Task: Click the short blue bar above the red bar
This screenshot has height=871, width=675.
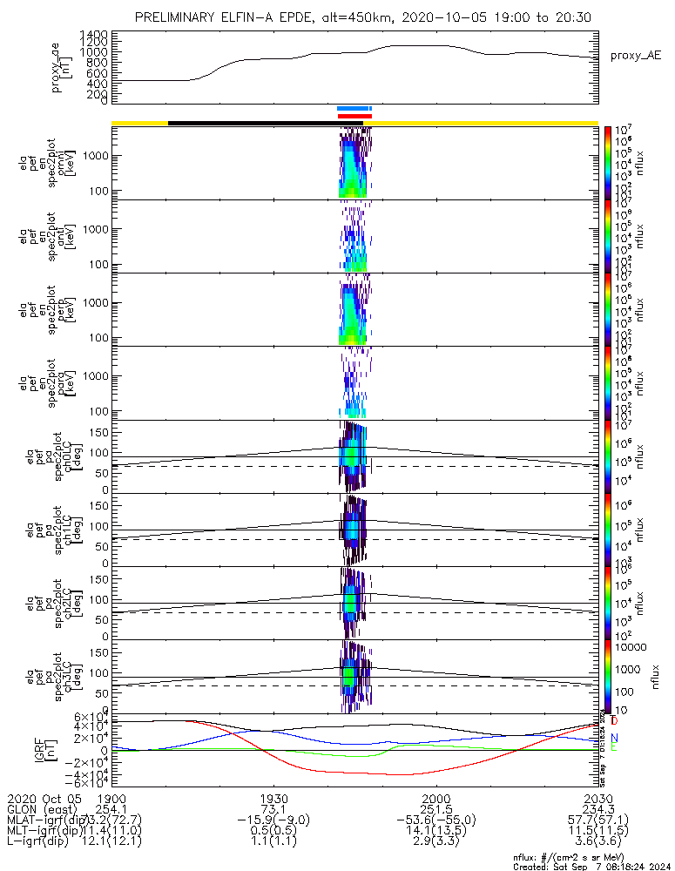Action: (354, 109)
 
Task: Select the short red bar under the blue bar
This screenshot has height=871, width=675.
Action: (354, 116)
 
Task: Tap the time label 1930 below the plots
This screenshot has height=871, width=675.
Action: (273, 798)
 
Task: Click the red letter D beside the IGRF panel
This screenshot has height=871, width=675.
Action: (615, 722)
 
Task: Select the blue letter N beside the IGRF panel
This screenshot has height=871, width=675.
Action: (615, 738)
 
